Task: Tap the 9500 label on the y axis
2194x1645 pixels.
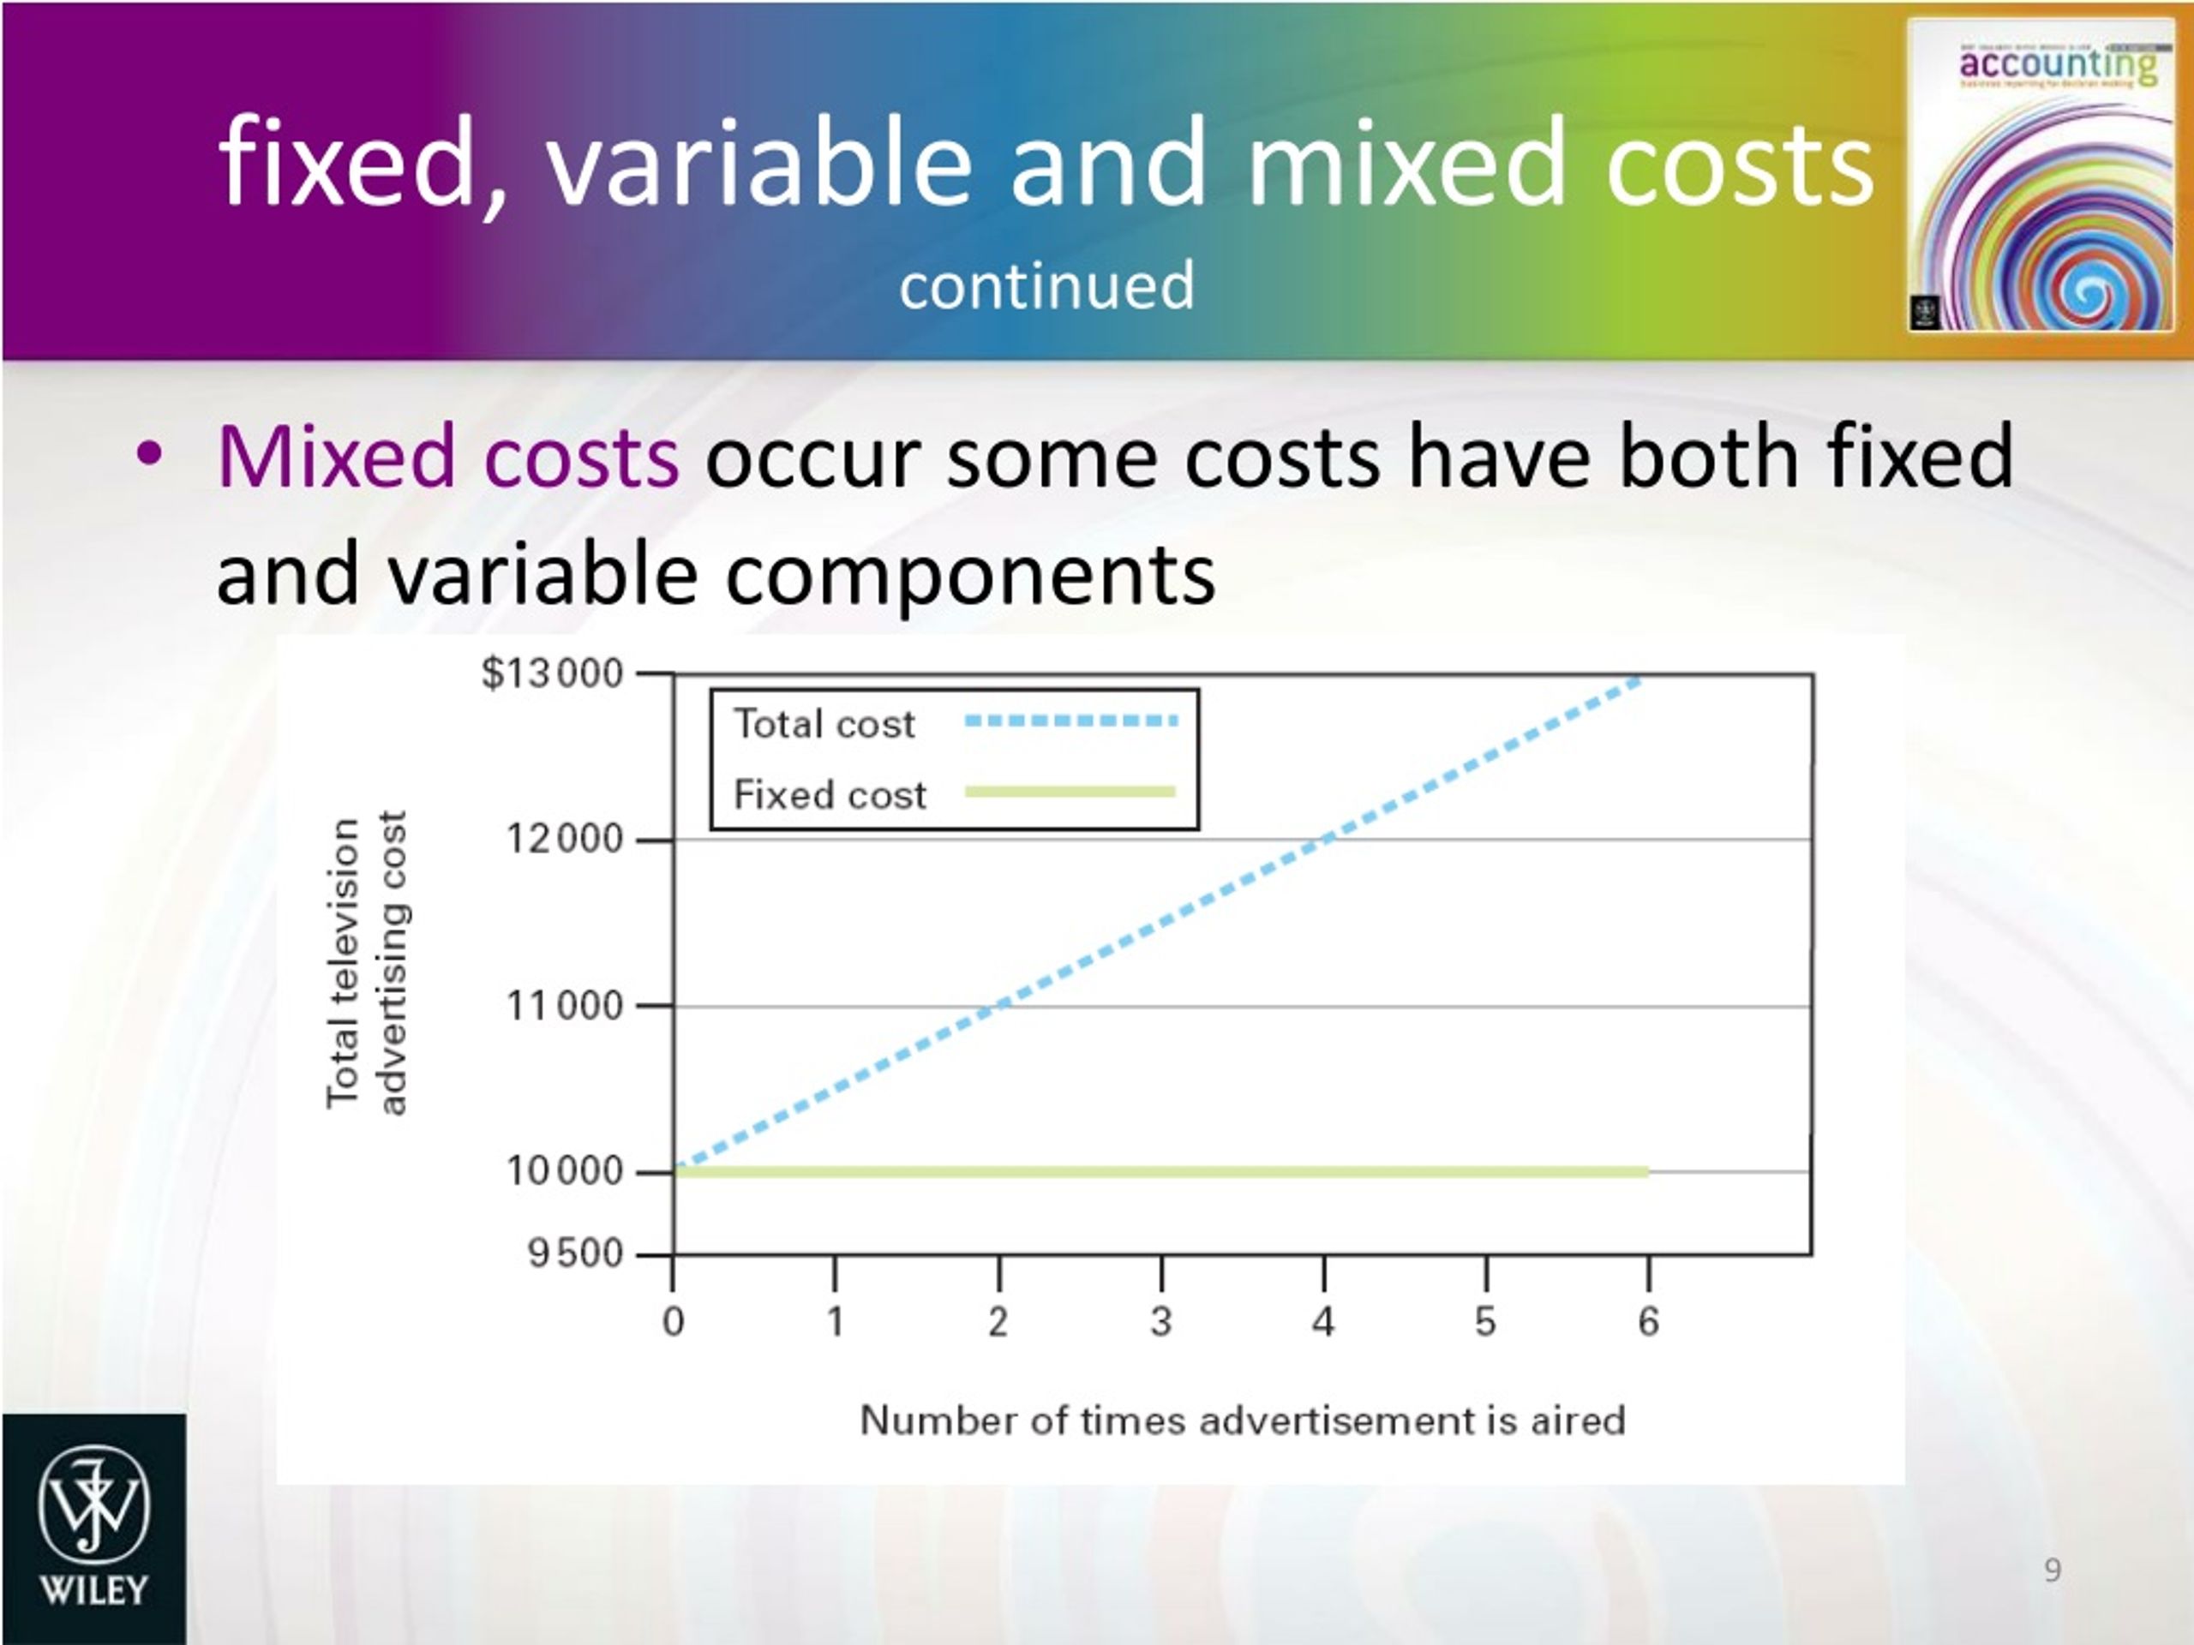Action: coord(576,1254)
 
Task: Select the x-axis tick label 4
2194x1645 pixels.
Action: coord(1323,1322)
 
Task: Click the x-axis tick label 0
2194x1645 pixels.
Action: coord(674,1322)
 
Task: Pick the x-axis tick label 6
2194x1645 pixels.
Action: coord(1647,1322)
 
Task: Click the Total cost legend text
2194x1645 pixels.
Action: coord(824,724)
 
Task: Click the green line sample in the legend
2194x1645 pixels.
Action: coord(1070,792)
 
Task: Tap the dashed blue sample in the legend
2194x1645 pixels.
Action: coord(1071,721)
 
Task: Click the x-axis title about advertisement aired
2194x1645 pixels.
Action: coord(1242,1421)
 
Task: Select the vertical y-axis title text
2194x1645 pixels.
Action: coord(366,963)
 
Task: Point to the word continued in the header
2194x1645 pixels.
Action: coord(1046,285)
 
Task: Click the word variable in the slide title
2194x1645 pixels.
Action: coord(758,163)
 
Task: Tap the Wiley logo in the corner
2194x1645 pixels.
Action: coord(93,1528)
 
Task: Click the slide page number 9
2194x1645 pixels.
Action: coord(2053,1570)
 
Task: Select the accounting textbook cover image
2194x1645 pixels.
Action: coord(2039,176)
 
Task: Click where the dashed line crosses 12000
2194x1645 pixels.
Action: coord(1325,840)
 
